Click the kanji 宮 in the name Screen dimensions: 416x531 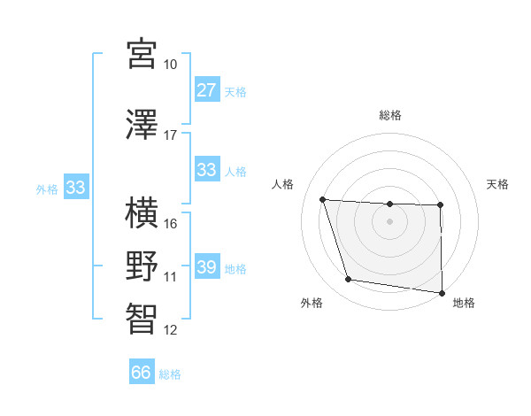(142, 54)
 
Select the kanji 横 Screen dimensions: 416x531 (142, 213)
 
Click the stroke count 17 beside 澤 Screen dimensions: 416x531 (171, 135)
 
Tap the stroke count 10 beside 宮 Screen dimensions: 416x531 (171, 65)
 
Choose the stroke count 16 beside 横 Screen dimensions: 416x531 (171, 224)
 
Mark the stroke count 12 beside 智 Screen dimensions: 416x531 (171, 330)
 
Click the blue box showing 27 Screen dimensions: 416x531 (206, 90)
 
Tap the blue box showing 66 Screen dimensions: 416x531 (142, 373)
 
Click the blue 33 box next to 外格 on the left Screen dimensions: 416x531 (75, 188)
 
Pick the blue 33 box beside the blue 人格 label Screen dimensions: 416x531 (206, 170)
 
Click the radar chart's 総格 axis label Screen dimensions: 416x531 (389, 115)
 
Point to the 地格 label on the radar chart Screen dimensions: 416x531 (464, 304)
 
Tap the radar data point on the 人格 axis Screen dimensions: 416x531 (322, 199)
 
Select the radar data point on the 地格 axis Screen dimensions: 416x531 (442, 293)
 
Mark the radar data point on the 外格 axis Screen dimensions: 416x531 (349, 280)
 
